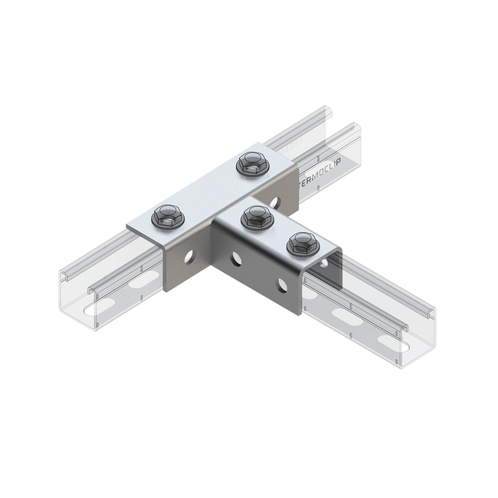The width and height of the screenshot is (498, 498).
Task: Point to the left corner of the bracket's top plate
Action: coord(129,224)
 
